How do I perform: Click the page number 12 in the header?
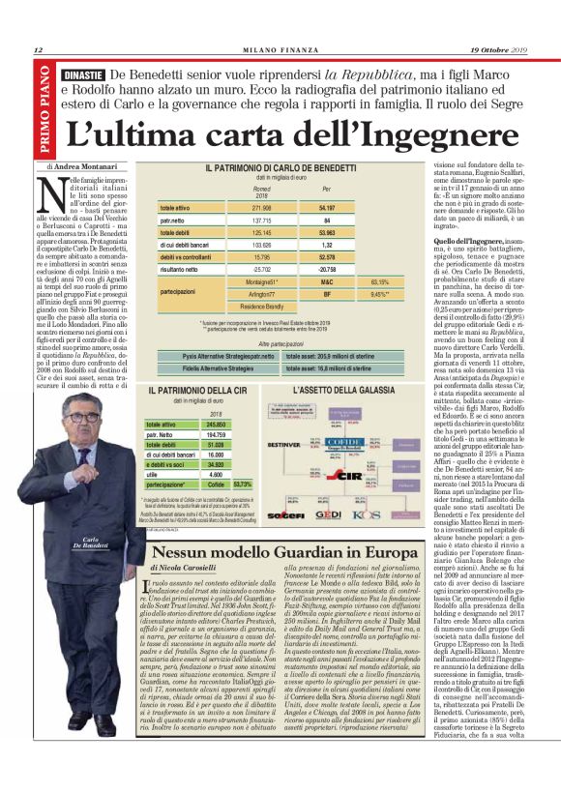(x=38, y=50)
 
